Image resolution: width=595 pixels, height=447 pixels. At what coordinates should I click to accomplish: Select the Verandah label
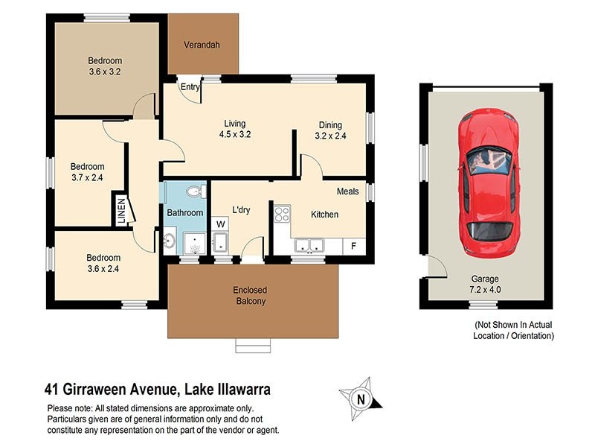pos(202,45)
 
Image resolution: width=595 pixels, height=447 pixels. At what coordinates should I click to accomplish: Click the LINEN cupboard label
pos(120,209)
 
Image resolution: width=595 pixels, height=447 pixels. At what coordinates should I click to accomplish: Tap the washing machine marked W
pos(221,223)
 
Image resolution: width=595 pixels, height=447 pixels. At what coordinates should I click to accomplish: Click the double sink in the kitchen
pos(309,245)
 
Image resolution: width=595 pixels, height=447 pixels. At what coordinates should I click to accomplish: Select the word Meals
pos(347,191)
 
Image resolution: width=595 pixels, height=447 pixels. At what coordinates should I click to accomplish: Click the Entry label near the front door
pos(190,87)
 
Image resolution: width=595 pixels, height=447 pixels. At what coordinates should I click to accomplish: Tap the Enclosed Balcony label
pos(250,296)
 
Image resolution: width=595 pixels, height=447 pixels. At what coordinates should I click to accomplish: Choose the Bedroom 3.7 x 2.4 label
pos(87,172)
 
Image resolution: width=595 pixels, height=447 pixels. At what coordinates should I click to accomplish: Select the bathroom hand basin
pos(170,240)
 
